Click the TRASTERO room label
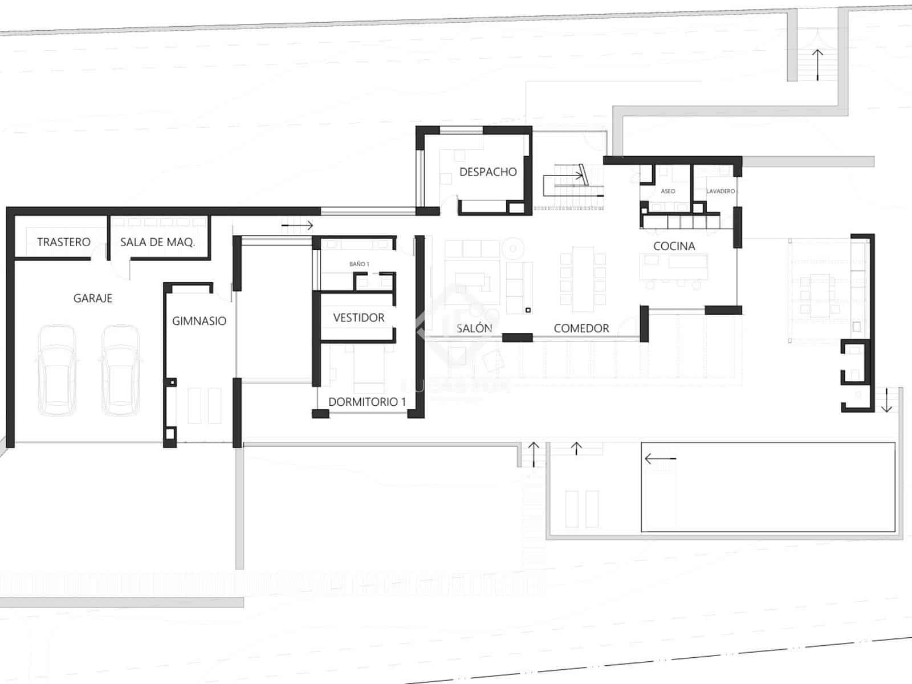pyautogui.click(x=63, y=242)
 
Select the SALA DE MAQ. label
pyautogui.click(x=157, y=242)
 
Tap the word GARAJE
pyautogui.click(x=93, y=298)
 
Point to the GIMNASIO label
pyautogui.click(x=199, y=321)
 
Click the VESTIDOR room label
pyautogui.click(x=359, y=317)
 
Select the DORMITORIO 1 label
pyautogui.click(x=367, y=401)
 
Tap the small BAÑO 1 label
pyautogui.click(x=359, y=264)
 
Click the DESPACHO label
pyautogui.click(x=488, y=172)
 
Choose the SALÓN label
pyautogui.click(x=474, y=328)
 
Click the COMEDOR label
pyautogui.click(x=581, y=328)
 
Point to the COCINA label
pyautogui.click(x=674, y=246)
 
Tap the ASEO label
pyautogui.click(x=668, y=191)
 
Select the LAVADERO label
pyautogui.click(x=720, y=191)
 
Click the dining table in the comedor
pyautogui.click(x=583, y=279)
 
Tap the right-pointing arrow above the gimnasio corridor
pyautogui.click(x=298, y=226)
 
